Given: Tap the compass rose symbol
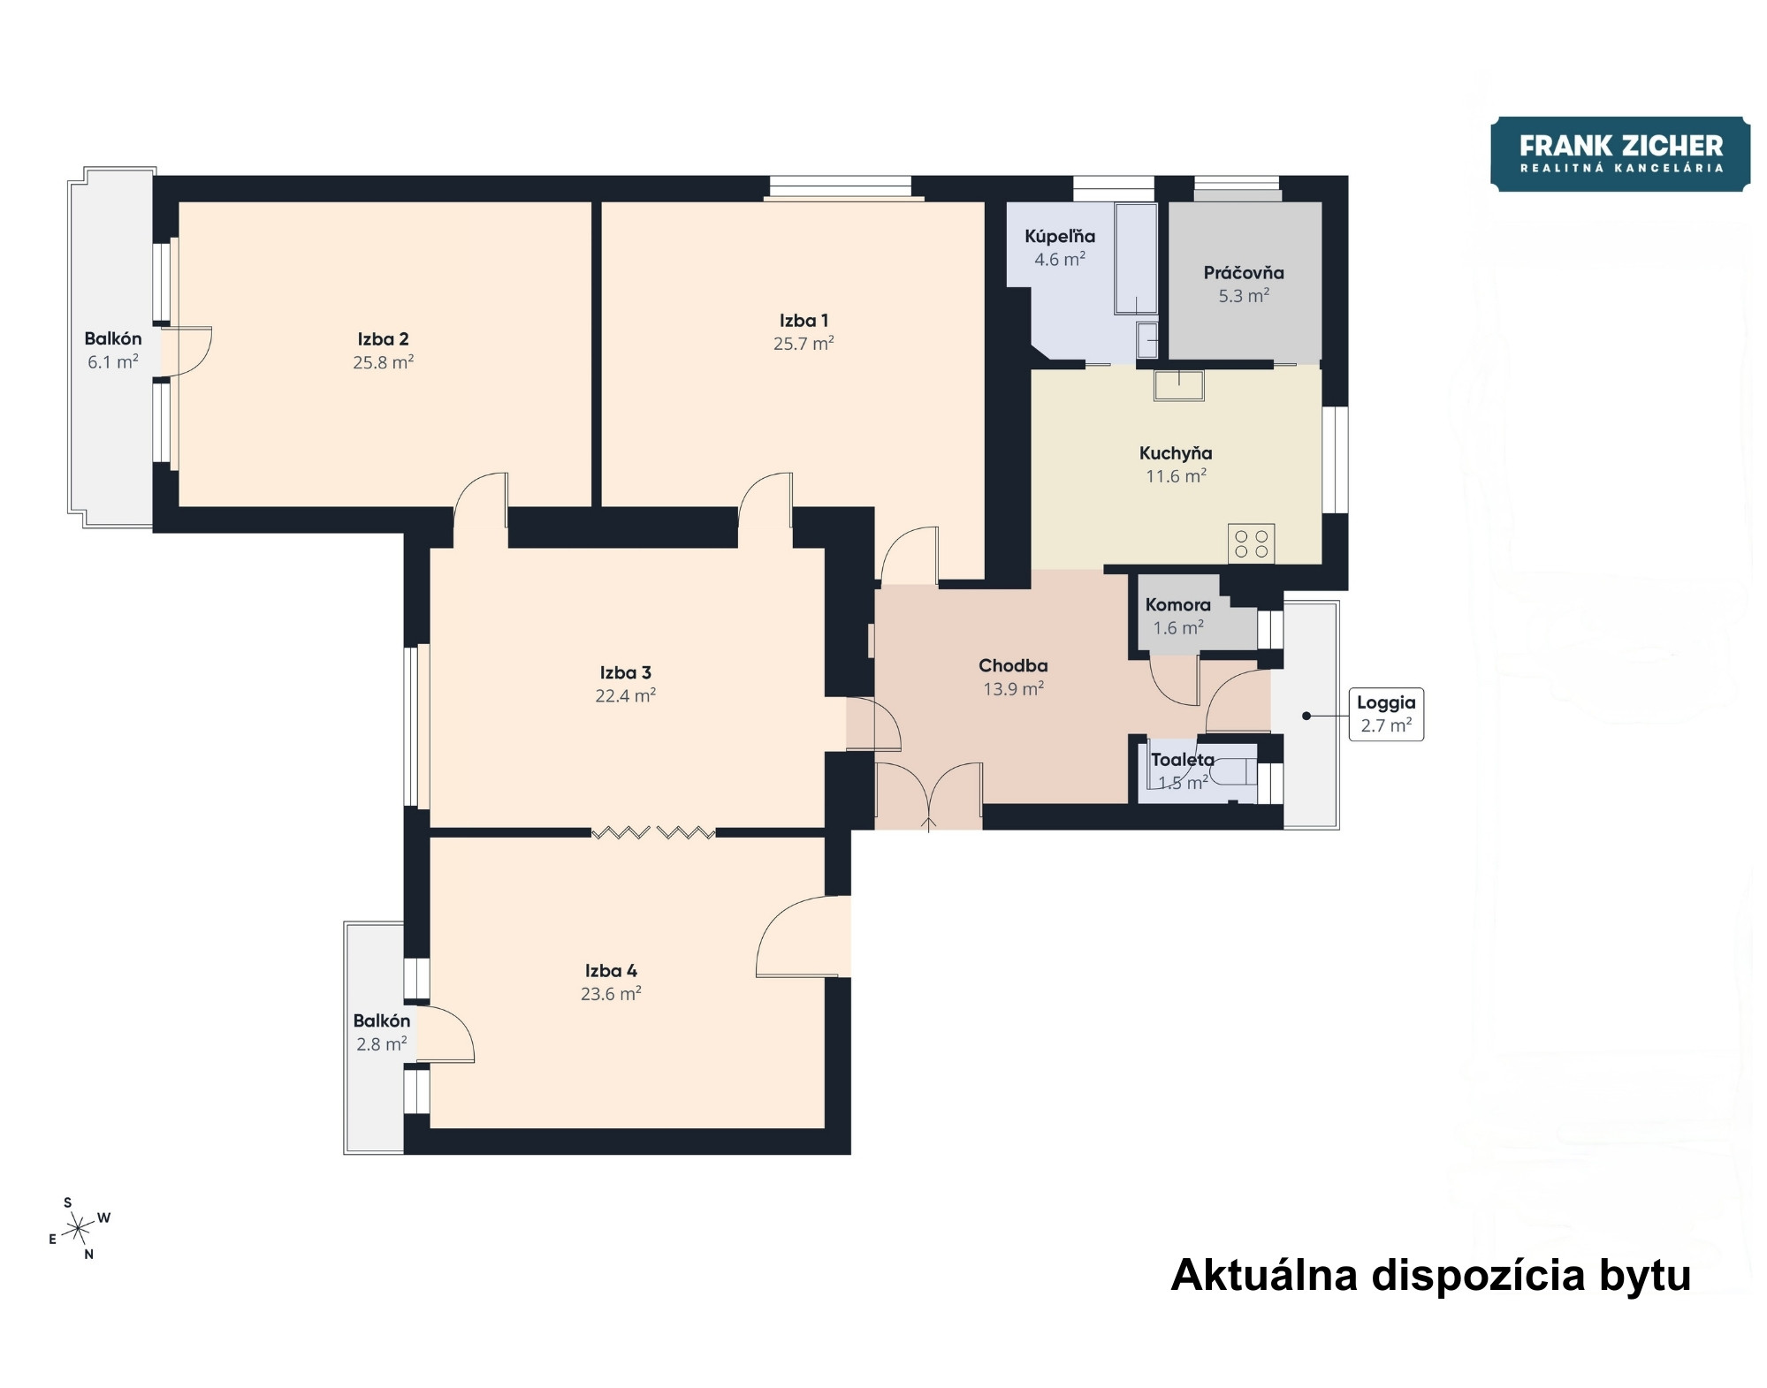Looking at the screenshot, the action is coord(79,1227).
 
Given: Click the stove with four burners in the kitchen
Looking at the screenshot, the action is coord(1251,543).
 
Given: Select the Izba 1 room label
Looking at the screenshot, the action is coord(804,321).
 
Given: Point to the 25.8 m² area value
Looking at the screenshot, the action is coord(384,362).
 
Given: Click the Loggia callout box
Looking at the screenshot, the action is coord(1386,714).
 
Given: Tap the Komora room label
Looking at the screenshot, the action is coord(1178,605).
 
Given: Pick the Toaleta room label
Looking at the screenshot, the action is coord(1183,760).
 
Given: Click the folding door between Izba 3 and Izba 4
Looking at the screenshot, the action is coord(653,832).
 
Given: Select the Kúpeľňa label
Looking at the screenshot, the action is coord(1060,236).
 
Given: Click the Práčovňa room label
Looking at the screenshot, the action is coord(1244,273).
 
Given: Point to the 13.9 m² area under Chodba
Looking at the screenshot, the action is coord(1014,689).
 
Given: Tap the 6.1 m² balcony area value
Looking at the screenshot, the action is coord(113,361).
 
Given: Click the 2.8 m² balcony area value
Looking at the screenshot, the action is coord(382,1044).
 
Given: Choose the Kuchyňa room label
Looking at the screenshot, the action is coord(1176,453).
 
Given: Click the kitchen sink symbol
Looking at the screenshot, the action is coord(1178,385).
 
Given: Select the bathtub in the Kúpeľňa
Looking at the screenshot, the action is coord(1136,258).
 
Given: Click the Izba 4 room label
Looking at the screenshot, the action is coord(611,971).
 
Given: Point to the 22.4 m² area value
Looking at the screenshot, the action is coord(626,695).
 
